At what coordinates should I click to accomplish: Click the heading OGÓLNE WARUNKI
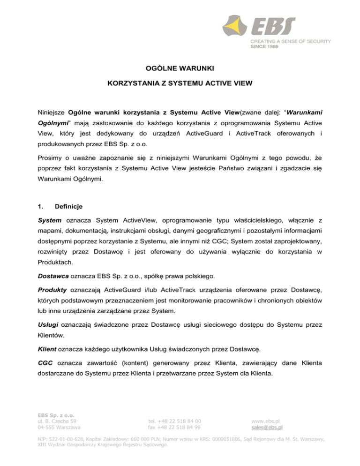pos(180,69)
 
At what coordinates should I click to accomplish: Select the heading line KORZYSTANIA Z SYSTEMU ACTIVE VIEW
pos(180,88)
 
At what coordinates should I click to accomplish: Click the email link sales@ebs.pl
pos(267,427)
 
